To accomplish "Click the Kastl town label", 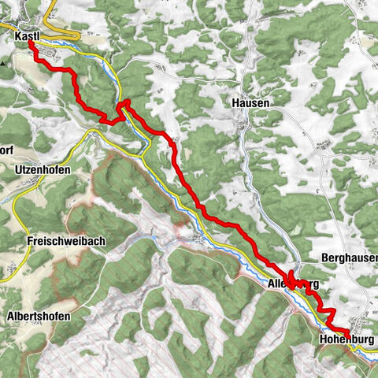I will [28, 35].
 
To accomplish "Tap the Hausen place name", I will [251, 102].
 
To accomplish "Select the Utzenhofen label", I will [42, 170].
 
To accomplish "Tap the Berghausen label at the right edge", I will [350, 258].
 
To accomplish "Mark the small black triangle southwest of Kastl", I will [4, 61].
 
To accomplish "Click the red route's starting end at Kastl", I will [31, 44].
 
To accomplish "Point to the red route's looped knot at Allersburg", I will [293, 280].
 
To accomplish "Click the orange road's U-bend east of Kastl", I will [80, 35].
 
